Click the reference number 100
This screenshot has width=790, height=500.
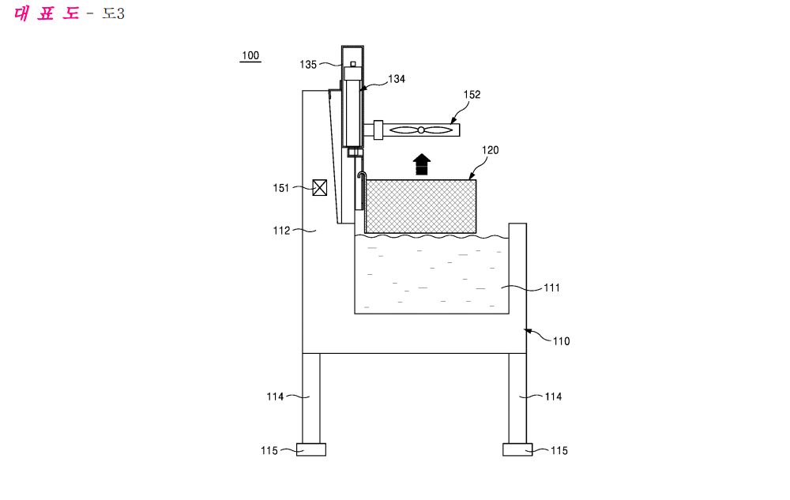(x=250, y=55)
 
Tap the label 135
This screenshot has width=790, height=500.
(x=308, y=65)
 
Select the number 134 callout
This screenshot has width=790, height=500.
(x=397, y=79)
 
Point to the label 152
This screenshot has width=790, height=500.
(x=472, y=95)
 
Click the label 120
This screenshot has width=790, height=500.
(x=491, y=150)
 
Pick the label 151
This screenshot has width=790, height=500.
(x=281, y=188)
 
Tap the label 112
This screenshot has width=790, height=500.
(x=282, y=231)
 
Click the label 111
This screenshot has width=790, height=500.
(x=551, y=288)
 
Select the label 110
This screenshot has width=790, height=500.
(x=561, y=341)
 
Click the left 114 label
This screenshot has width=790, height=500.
(x=275, y=397)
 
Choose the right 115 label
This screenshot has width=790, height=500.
(x=559, y=451)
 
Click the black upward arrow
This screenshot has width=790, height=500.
(x=422, y=164)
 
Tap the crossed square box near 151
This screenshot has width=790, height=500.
(x=320, y=188)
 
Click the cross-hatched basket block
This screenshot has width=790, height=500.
(x=420, y=206)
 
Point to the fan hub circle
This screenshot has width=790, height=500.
(x=421, y=130)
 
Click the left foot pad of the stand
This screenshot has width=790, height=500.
(x=310, y=449)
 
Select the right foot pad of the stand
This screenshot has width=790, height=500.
(x=517, y=449)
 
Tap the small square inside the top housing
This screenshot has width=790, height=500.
(x=353, y=64)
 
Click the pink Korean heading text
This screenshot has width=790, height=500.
(x=47, y=13)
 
